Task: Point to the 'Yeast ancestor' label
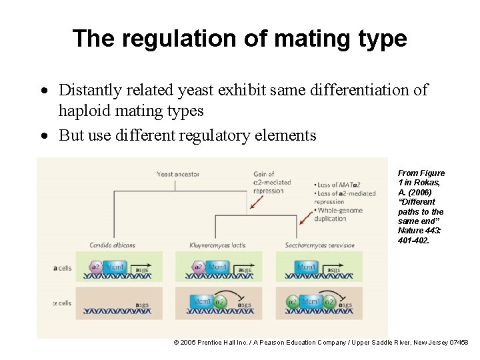(x=178, y=175)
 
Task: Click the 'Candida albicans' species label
(x=113, y=245)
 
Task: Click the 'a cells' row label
(x=62, y=268)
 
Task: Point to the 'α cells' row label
(x=61, y=303)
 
